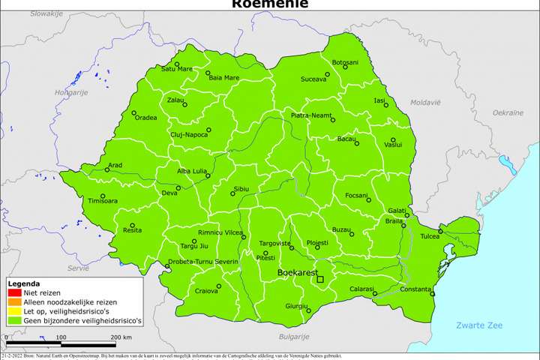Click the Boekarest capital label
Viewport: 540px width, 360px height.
[298, 273]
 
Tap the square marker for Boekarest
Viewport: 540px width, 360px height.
[320, 280]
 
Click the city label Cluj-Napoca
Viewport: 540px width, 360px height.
[189, 133]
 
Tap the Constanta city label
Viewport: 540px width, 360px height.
[415, 289]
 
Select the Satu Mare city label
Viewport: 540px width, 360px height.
[177, 69]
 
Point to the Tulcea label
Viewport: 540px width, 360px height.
[430, 236]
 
